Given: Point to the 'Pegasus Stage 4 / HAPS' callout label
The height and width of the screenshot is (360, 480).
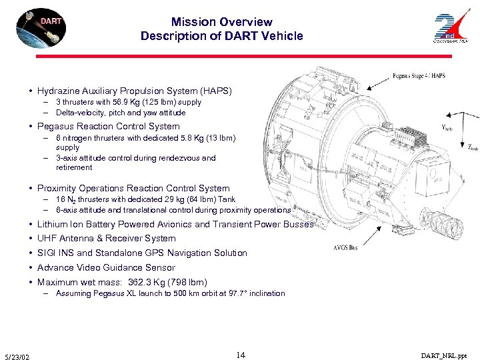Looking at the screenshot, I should [419, 77].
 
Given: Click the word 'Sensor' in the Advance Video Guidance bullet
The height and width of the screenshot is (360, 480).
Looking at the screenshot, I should [159, 267].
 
